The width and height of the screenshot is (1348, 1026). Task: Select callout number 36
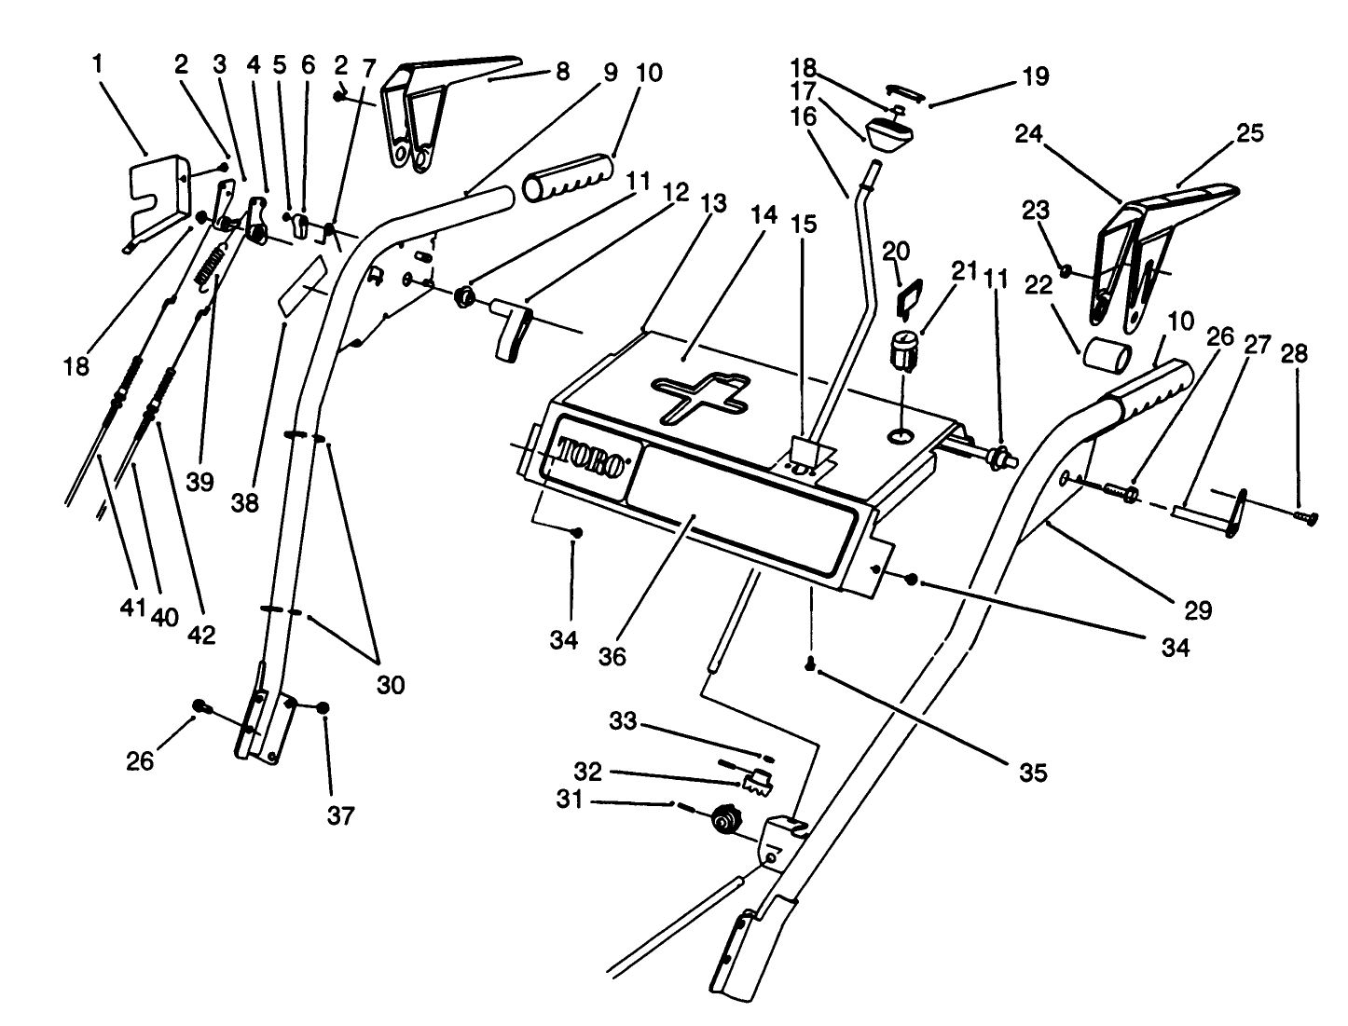[612, 656]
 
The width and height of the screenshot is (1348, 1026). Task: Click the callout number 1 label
[99, 64]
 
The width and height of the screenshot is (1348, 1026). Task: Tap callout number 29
[1198, 610]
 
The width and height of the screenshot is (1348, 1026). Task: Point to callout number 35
[1033, 773]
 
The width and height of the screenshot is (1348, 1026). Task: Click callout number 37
[341, 816]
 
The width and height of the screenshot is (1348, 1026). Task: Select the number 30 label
[391, 684]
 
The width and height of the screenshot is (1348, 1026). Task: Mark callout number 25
[1249, 133]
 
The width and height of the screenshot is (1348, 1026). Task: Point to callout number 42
[201, 636]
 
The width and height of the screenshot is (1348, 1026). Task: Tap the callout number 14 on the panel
[763, 215]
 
